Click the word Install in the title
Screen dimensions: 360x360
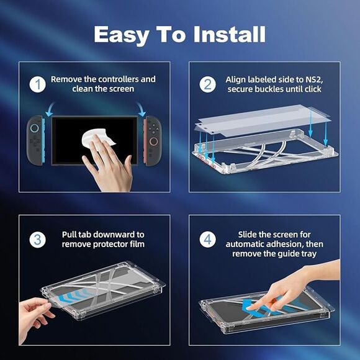[x=230, y=34]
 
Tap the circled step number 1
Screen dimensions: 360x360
[x=38, y=84]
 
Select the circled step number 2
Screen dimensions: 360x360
[x=207, y=84]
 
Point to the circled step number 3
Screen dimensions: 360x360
[x=38, y=240]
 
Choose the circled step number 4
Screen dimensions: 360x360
[x=207, y=240]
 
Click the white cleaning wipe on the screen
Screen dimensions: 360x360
[x=97, y=139]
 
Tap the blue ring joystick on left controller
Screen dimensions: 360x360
[x=35, y=128]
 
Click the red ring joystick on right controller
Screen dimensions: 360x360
[x=153, y=142]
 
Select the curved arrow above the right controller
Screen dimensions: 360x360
[x=141, y=109]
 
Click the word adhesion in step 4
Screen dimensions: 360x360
[x=286, y=244]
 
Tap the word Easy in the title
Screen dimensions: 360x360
[x=121, y=35]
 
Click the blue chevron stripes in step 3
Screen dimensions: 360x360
[x=73, y=295]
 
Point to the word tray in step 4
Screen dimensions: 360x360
[x=309, y=254]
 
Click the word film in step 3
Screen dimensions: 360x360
[x=137, y=244]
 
